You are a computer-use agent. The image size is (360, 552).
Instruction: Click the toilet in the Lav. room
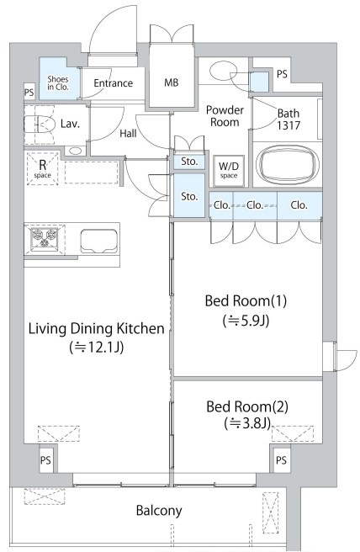40,125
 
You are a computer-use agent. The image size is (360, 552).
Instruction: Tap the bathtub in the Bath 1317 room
288,164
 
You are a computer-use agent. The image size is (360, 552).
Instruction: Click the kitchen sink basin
99,241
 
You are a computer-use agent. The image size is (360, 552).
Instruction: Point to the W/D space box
229,170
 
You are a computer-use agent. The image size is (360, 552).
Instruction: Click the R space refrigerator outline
43,168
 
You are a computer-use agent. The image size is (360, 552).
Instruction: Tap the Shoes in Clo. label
58,83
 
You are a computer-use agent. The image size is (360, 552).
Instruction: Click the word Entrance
114,83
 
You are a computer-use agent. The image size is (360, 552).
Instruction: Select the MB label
172,82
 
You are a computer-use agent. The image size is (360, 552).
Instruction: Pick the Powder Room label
225,116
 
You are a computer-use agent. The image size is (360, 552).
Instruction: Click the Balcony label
159,511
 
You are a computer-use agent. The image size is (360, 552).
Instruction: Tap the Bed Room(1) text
246,301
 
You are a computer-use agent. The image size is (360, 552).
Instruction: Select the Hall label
128,134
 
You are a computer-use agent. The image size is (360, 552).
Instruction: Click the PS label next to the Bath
282,74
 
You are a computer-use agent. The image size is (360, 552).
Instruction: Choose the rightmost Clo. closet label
299,204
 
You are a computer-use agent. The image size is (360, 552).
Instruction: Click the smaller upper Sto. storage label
189,162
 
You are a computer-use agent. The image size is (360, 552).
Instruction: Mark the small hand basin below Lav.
76,151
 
